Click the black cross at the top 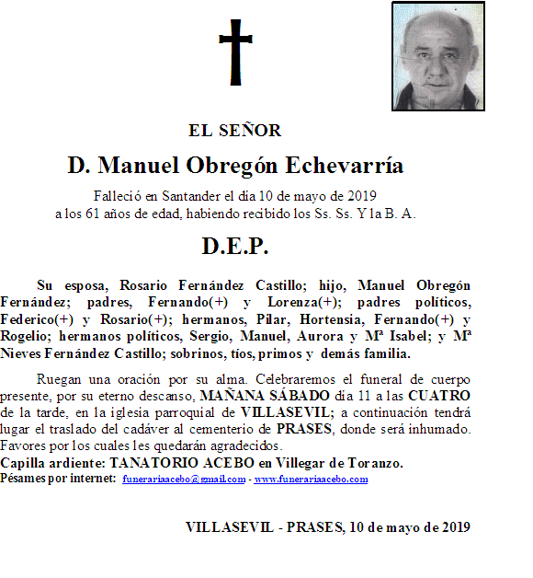235,52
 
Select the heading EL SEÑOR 234,131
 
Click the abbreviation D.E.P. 234,247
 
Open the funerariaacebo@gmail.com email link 184,480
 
